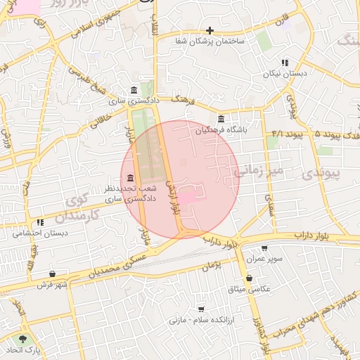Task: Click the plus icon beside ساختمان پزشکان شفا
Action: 210,30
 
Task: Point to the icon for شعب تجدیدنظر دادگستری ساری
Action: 131,178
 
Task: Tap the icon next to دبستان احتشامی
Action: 40,222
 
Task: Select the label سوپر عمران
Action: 264,259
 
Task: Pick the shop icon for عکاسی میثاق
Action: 250,278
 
